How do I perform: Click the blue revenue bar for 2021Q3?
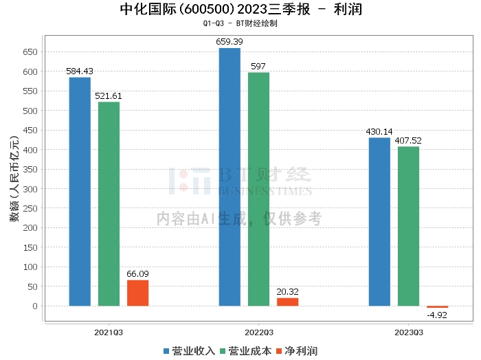click(80, 192)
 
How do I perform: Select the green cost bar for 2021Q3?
click(109, 204)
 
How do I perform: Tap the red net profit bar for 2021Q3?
click(137, 293)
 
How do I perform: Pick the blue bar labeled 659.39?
click(230, 177)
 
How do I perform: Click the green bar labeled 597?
click(258, 189)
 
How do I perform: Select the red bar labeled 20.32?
click(288, 302)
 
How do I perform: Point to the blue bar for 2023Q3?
click(379, 222)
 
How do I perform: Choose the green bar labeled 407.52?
click(409, 226)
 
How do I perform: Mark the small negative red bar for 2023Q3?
click(438, 307)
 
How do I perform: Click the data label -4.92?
click(437, 315)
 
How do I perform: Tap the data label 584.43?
click(80, 71)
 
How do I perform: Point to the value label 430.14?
click(379, 131)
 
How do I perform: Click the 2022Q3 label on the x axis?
click(258, 333)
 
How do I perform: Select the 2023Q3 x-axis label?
click(409, 333)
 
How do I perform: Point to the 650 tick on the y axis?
click(30, 52)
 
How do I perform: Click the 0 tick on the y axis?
click(35, 306)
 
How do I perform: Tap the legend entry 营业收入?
click(189, 351)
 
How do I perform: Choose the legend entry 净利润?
click(297, 351)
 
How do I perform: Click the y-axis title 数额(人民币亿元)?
click(14, 179)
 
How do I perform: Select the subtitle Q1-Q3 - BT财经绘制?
click(240, 23)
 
